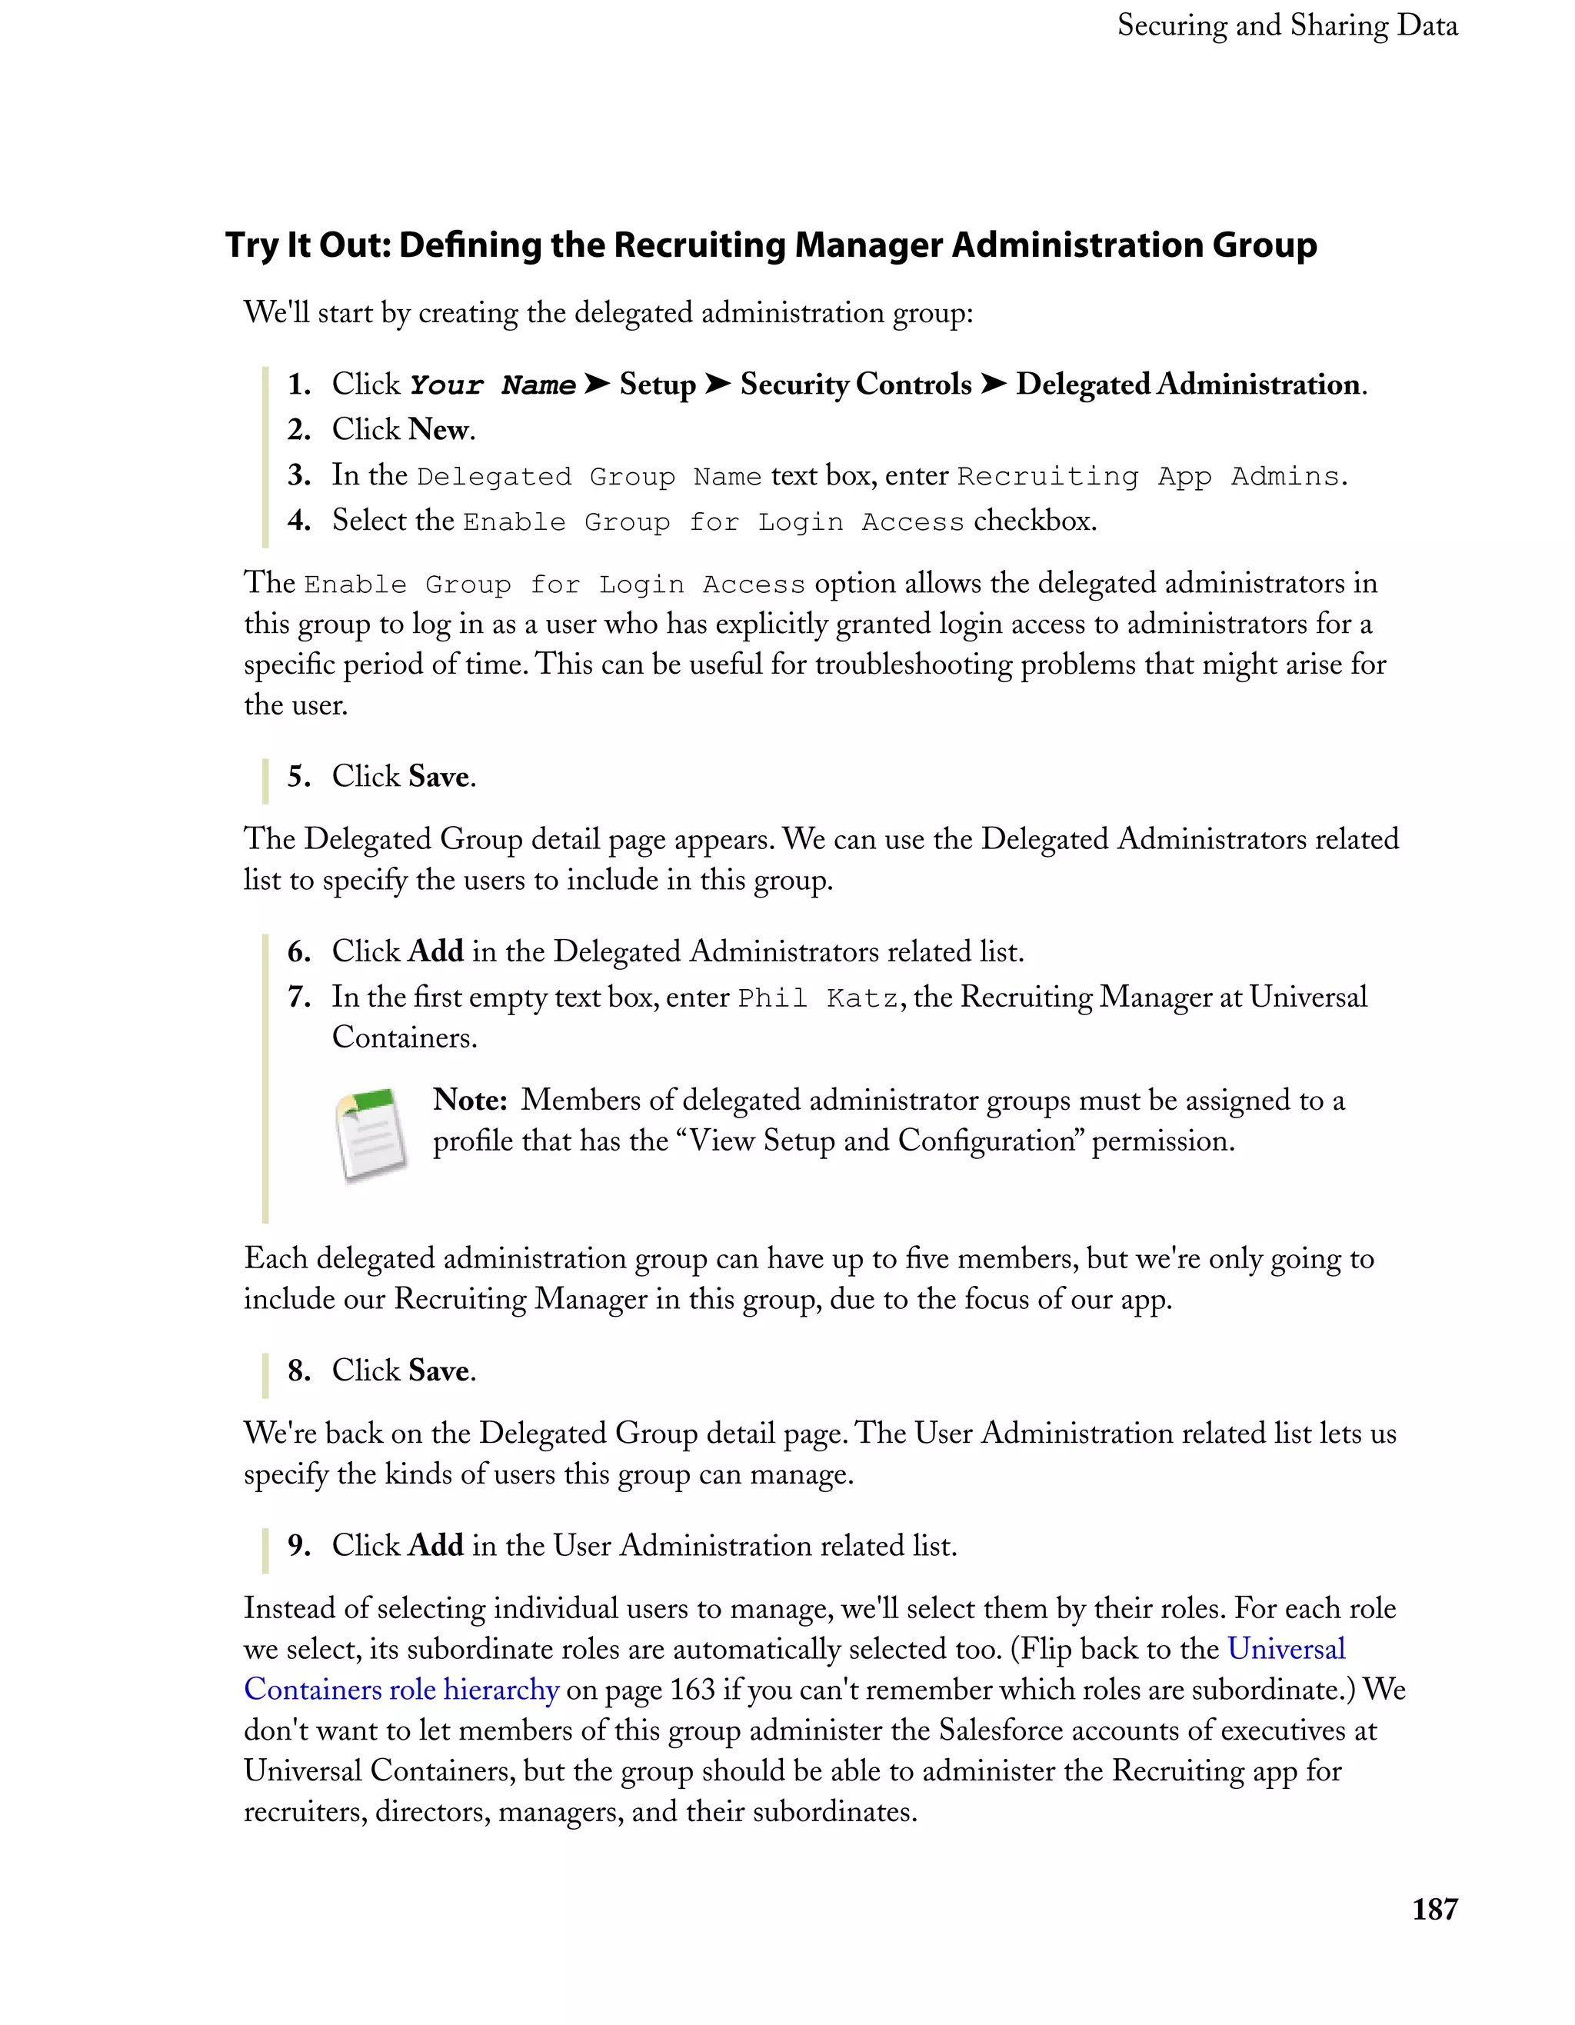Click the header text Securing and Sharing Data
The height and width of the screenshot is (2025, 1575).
point(1287,25)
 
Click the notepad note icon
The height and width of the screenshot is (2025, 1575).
point(371,1136)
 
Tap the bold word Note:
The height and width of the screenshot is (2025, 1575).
point(470,1100)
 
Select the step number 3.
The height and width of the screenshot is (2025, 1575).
point(298,475)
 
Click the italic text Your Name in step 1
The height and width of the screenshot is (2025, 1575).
point(492,385)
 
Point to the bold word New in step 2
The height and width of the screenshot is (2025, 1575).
point(438,429)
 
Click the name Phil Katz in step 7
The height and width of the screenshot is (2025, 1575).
point(817,998)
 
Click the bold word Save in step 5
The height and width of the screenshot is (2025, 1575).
point(438,776)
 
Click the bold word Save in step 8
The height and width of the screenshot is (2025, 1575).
point(438,1371)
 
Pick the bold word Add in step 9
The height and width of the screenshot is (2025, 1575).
point(436,1546)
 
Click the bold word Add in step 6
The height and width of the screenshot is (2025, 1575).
point(436,951)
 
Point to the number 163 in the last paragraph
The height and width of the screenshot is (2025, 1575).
point(692,1690)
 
